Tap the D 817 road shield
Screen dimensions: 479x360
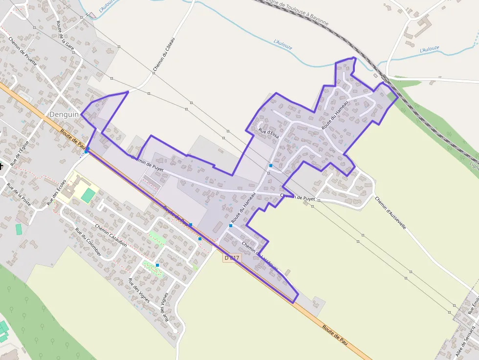pos(232,257)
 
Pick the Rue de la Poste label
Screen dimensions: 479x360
pos(19,194)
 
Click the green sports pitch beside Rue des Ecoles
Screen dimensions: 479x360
pos(88,195)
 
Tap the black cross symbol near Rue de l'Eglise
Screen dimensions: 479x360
pos(1,167)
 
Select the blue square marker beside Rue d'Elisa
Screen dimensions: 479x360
pos(270,166)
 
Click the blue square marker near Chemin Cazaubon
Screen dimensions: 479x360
pos(157,265)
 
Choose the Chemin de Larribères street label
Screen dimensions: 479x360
pos(260,255)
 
